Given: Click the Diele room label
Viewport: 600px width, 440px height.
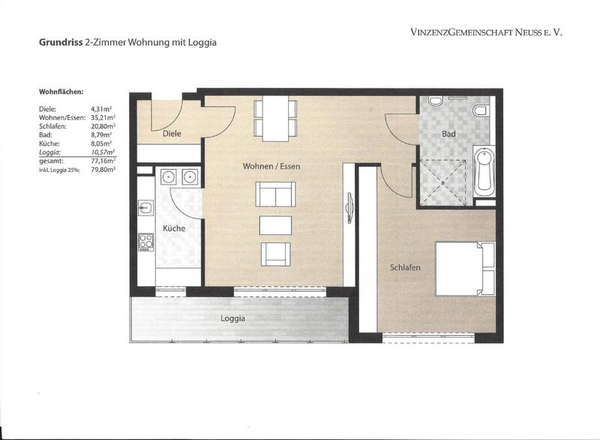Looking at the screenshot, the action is click(x=172, y=134).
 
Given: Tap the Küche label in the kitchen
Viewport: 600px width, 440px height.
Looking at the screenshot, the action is click(x=174, y=228).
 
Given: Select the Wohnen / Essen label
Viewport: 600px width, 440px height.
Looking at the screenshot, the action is click(x=271, y=166).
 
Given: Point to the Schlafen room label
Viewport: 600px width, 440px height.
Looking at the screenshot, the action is click(x=405, y=267).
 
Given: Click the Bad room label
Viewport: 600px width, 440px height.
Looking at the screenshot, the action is click(x=448, y=134).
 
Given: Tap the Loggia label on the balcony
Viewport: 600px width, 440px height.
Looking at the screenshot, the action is click(x=233, y=318).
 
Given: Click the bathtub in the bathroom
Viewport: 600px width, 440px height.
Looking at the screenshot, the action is click(x=484, y=171).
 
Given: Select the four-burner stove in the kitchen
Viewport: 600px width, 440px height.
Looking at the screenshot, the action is click(x=145, y=242).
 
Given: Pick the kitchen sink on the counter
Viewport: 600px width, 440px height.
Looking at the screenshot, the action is click(x=145, y=208).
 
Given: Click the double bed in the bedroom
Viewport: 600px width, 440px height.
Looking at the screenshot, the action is click(x=465, y=269).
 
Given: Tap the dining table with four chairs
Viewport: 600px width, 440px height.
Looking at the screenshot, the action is click(x=275, y=119).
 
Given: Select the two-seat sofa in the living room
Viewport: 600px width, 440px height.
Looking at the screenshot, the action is click(x=275, y=194).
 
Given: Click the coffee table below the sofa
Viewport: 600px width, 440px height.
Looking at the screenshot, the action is click(x=275, y=225).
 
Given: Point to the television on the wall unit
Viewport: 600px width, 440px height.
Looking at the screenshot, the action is click(x=349, y=208).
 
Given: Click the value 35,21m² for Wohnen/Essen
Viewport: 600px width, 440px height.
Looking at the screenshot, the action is click(x=103, y=118).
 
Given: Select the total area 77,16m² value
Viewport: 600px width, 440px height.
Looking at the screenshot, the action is click(x=103, y=161).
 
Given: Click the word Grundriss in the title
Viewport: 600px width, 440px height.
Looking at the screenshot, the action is click(x=61, y=43).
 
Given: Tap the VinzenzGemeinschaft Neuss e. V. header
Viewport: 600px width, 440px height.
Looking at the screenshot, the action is click(x=486, y=32).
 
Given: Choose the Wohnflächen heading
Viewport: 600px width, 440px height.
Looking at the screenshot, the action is click(x=61, y=92).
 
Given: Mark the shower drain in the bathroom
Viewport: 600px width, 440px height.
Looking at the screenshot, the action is click(x=442, y=183).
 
